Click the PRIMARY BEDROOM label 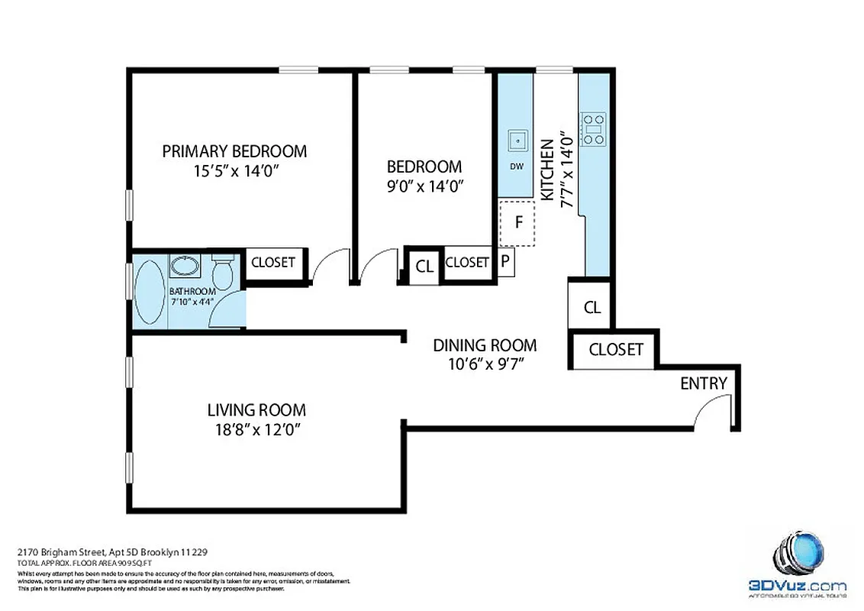234,151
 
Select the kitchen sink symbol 517,141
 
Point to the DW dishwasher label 517,166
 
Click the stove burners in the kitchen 593,129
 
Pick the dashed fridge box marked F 518,223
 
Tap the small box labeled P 506,262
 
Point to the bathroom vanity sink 183,267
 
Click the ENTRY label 703,383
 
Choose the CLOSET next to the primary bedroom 272,262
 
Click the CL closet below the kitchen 592,307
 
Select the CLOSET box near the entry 616,350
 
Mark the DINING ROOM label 484,345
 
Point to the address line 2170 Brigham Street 114,551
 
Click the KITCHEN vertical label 546,170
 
